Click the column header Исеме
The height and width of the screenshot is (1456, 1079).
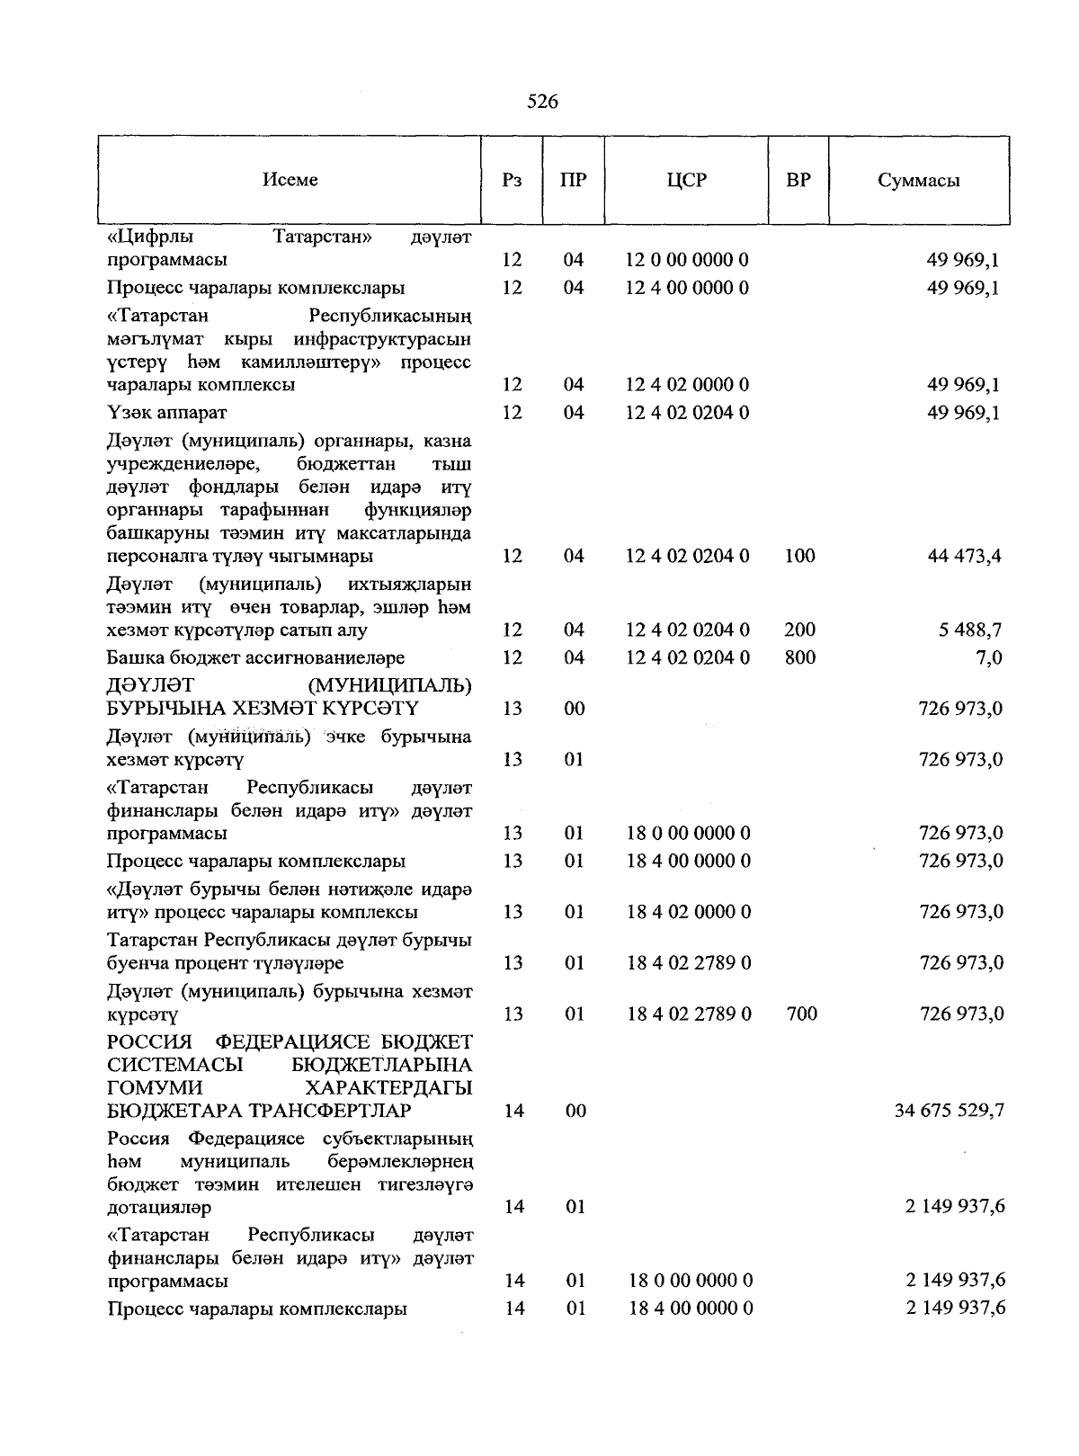click(290, 180)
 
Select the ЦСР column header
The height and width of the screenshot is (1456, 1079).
click(687, 180)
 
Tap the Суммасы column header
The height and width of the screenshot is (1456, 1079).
click(918, 181)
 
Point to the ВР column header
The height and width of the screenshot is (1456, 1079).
click(798, 180)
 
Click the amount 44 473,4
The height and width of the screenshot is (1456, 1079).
click(964, 556)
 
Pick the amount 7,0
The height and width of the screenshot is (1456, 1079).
click(988, 657)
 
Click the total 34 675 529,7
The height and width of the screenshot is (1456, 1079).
click(950, 1111)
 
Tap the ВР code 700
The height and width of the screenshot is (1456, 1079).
click(801, 1014)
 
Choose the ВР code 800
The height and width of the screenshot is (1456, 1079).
click(799, 657)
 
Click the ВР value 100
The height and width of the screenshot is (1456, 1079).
click(799, 556)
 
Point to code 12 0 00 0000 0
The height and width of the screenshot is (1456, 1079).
click(687, 260)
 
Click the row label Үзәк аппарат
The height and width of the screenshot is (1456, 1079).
click(167, 413)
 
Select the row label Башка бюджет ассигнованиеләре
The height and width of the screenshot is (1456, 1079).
click(255, 657)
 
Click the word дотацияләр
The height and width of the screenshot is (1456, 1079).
click(158, 1207)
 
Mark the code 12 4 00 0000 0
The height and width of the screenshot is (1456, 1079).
click(687, 288)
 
